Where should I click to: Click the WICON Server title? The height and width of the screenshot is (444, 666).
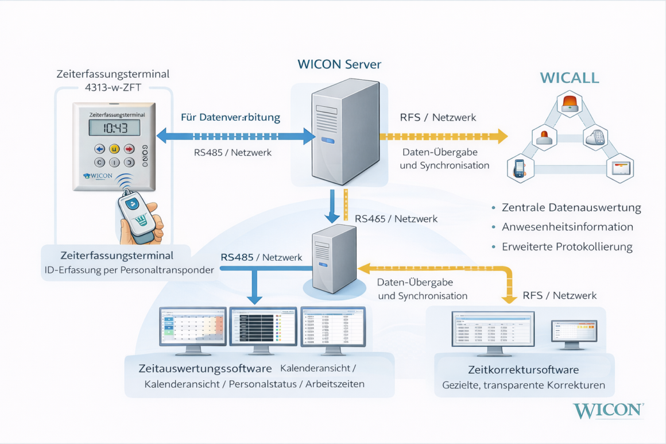[339, 64]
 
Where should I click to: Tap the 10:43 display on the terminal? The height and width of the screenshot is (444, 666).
[114, 127]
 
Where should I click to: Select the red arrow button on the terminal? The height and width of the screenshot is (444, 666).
[129, 149]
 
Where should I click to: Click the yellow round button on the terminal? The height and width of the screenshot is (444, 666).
[114, 149]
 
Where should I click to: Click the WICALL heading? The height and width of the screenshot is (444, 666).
[569, 78]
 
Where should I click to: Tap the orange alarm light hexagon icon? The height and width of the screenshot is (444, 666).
[570, 103]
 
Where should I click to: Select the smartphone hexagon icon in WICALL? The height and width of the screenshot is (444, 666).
[520, 168]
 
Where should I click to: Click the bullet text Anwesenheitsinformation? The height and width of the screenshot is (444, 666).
[567, 227]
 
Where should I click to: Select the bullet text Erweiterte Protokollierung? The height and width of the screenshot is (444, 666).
[567, 247]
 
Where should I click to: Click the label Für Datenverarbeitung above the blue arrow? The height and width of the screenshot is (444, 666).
[230, 117]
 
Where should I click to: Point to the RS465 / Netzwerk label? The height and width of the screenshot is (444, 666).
[396, 218]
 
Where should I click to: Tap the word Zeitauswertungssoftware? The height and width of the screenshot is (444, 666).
[205, 368]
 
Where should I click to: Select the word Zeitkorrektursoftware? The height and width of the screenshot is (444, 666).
[523, 369]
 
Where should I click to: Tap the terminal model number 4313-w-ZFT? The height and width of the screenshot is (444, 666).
[113, 88]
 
